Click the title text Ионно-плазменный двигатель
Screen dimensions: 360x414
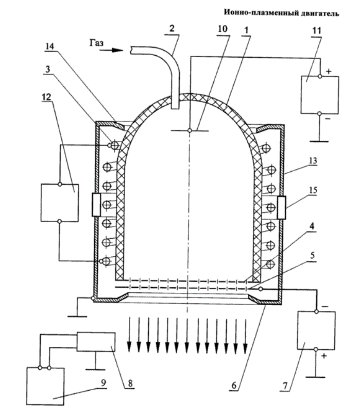pos(281,13)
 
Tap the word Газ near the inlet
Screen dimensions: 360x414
pos(96,43)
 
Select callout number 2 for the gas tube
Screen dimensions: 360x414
pos(172,28)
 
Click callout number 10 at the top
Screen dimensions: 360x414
pos(222,28)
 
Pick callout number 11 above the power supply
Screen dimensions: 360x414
pos(317,30)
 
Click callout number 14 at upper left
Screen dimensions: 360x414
pos(49,46)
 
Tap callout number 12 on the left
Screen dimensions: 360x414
pos(46,97)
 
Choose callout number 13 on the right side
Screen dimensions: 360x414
pos(313,160)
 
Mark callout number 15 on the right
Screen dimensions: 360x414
pos(313,190)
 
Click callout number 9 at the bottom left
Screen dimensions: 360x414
pos(103,383)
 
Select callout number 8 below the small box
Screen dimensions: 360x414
pos(130,383)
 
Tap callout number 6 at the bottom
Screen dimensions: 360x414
pos(234,386)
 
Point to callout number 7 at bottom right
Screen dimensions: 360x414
pos(285,386)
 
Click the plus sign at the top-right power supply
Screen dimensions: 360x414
pos(329,71)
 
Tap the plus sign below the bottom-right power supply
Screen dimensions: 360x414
pos(324,356)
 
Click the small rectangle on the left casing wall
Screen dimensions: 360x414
pos(96,205)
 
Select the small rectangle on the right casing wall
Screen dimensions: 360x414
pos(281,208)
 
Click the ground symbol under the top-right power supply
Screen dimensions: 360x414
pos(319,141)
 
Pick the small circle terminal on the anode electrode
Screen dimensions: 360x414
pos(190,130)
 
